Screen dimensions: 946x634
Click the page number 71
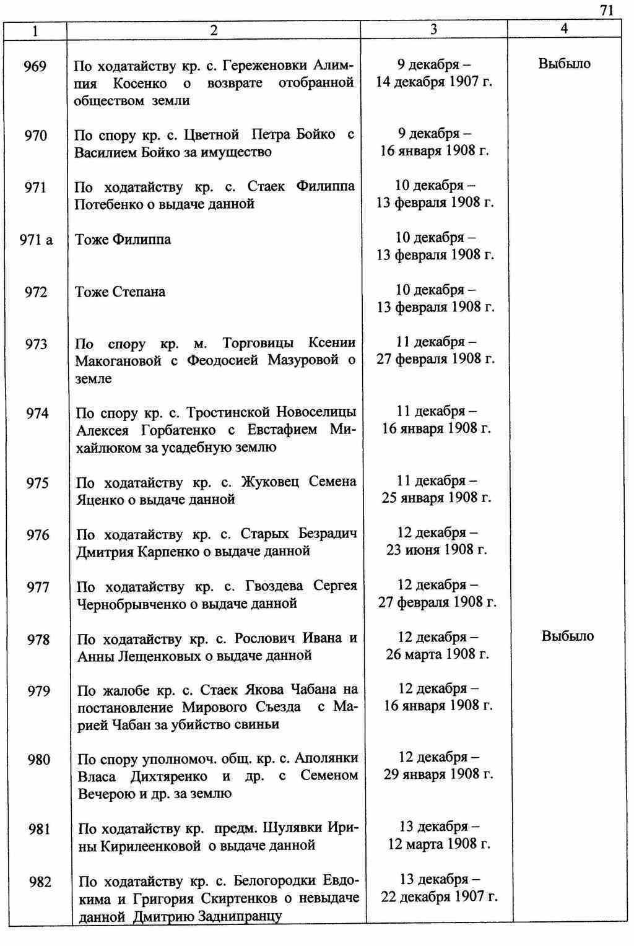tap(607, 10)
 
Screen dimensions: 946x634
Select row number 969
tap(35, 66)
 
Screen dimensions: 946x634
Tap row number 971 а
tap(36, 240)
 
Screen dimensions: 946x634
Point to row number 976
tap(38, 535)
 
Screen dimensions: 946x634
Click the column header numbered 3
tap(433, 29)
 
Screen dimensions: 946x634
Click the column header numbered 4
tap(564, 28)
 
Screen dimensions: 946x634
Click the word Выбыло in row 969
tap(564, 64)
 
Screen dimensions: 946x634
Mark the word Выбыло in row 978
tap(567, 636)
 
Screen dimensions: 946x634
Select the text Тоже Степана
tap(120, 292)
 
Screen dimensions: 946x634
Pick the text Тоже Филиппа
tap(123, 240)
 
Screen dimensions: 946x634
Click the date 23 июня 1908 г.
tap(436, 550)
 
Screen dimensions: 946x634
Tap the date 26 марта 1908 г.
tap(437, 654)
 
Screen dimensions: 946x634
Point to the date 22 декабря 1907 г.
tap(439, 896)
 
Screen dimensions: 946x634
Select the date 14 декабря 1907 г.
tap(434, 81)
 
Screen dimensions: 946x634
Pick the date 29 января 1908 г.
tap(438, 774)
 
